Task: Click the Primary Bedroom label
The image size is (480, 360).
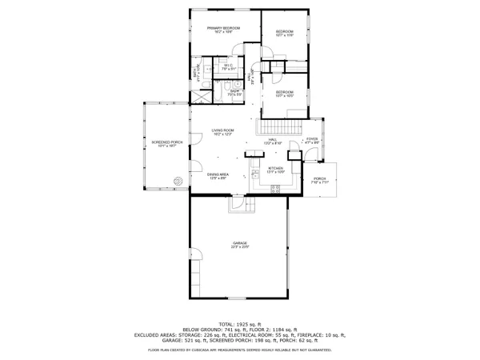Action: click(224, 29)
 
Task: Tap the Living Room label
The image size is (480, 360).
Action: click(222, 130)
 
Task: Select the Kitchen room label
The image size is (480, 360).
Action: click(275, 169)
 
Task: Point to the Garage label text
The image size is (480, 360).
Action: click(239, 242)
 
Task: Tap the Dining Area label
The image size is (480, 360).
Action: click(218, 174)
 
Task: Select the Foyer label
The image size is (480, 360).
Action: click(311, 139)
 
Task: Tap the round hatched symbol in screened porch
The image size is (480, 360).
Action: click(178, 181)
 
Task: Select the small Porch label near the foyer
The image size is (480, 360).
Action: click(319, 178)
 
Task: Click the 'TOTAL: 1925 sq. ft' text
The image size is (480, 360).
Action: click(239, 323)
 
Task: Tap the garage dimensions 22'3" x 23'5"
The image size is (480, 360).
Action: click(239, 247)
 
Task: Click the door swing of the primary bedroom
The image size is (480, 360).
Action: click(236, 48)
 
